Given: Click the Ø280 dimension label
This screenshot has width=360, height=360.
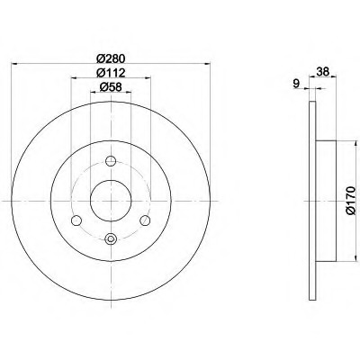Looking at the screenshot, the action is click(111, 58).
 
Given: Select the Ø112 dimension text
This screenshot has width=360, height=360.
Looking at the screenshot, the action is click(111, 72).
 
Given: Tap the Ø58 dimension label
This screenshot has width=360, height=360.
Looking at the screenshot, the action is click(111, 87).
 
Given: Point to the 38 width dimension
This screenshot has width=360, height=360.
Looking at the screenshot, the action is click(323, 71).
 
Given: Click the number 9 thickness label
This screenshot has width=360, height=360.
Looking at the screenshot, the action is click(296, 84).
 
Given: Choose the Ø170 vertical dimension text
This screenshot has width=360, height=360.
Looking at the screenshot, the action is click(351, 201).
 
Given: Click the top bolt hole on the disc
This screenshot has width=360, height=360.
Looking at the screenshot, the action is click(111, 161).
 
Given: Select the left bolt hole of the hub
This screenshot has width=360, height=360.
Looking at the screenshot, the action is click(76, 220).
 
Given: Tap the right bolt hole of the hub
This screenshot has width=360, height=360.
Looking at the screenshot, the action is click(145, 220).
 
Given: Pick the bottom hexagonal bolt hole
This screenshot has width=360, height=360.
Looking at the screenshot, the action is click(111, 239).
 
